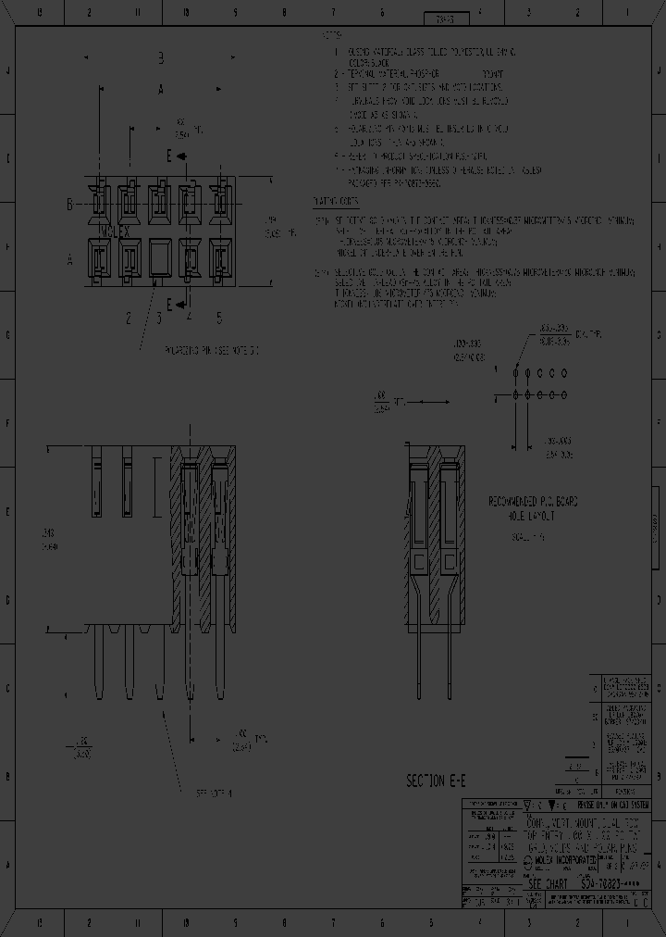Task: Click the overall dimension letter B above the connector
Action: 160,58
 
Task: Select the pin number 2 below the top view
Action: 129,319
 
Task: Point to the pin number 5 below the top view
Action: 219,319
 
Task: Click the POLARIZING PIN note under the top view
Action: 213,351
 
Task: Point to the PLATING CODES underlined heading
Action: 336,201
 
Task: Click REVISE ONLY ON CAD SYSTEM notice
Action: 601,806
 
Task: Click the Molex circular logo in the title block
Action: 528,861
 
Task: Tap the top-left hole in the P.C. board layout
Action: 514,372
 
